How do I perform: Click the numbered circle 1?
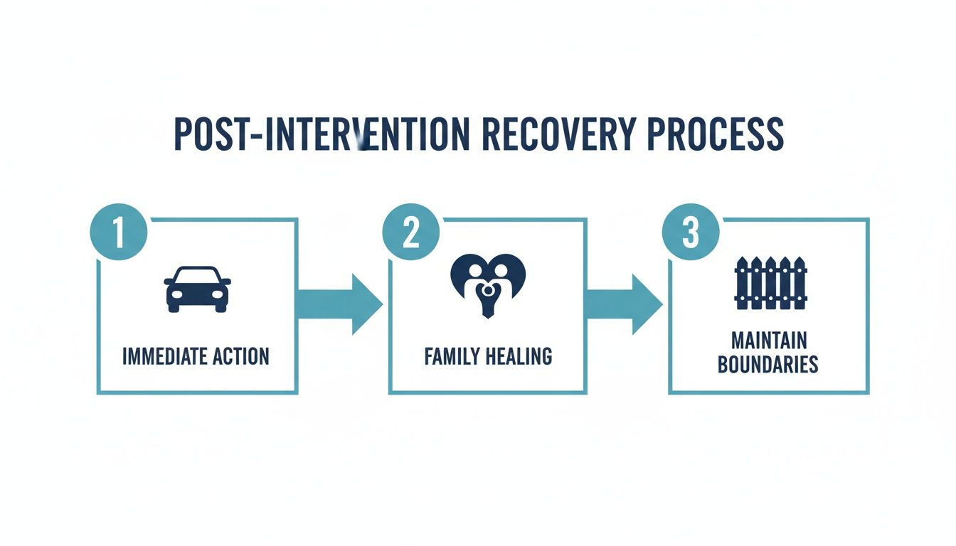coord(119,232)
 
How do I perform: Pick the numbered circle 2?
coord(410,232)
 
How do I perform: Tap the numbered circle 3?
coord(690,232)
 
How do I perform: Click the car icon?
coord(197,289)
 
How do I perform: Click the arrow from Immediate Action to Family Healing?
coord(339,304)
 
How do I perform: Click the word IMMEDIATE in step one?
coord(167,356)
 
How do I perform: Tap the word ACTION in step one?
coord(241,356)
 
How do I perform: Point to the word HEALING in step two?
coord(520,356)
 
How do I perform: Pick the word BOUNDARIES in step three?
coord(768,365)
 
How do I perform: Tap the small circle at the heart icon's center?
coord(487,289)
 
